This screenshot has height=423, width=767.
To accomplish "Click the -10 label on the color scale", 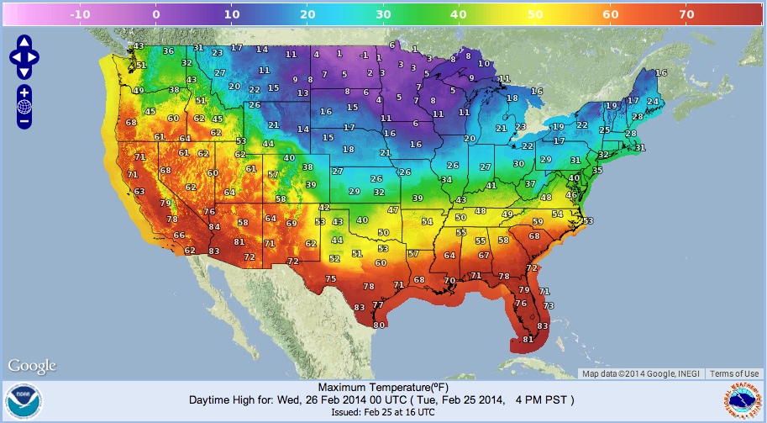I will [x=81, y=13].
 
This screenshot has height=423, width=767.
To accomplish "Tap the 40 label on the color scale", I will [x=458, y=13].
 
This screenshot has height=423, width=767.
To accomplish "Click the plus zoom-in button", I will [x=24, y=92].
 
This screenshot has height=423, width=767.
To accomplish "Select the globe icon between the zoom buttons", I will [x=24, y=107].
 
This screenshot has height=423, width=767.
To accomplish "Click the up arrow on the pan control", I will [x=24, y=42].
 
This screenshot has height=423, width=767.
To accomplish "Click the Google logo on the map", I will [x=32, y=366].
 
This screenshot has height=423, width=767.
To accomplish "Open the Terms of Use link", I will [x=734, y=374].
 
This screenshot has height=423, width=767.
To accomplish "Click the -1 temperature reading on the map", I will [x=363, y=55].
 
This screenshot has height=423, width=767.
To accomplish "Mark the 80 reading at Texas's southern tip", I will [x=379, y=325].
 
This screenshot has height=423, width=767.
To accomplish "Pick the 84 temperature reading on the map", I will [x=214, y=226].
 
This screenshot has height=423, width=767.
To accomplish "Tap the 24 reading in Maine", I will [x=652, y=102].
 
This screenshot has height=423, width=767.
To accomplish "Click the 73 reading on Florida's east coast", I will [x=548, y=304].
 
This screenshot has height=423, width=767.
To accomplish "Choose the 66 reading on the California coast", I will [x=179, y=235].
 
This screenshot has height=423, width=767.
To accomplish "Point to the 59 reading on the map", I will [x=538, y=221].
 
